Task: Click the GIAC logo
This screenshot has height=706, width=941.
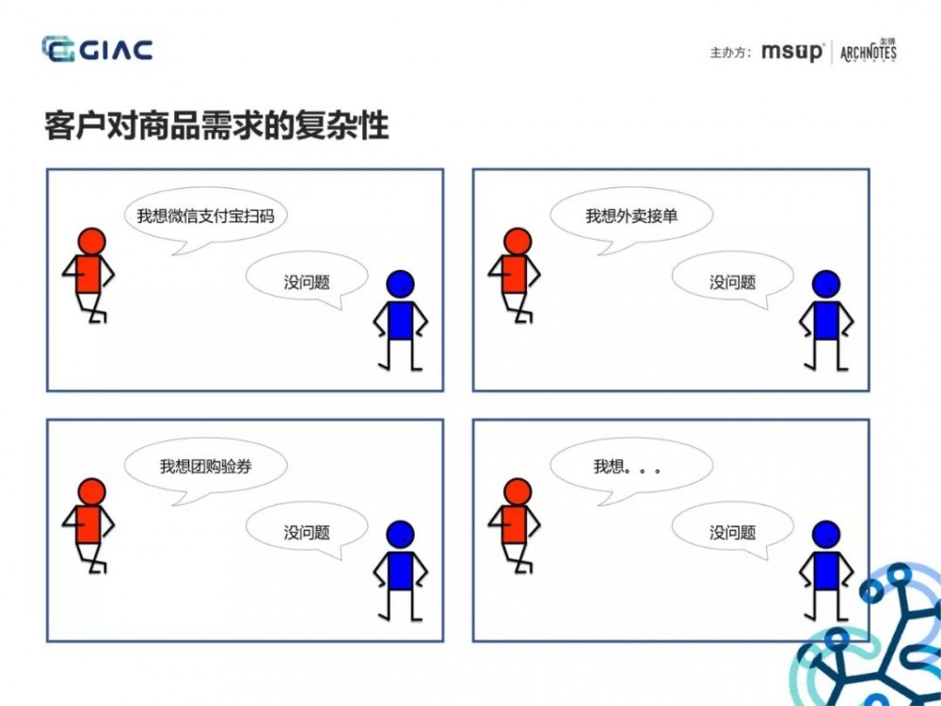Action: tap(97, 49)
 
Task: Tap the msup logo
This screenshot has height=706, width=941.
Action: tap(791, 52)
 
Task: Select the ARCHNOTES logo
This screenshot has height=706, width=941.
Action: tap(868, 51)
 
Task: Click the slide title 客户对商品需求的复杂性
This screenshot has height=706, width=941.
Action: tap(216, 126)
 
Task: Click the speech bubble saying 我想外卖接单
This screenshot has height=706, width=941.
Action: tap(631, 216)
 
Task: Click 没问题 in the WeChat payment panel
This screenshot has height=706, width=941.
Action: tap(307, 281)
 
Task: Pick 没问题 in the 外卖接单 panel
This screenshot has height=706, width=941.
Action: tap(732, 281)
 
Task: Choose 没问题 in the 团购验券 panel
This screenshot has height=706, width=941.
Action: tap(307, 532)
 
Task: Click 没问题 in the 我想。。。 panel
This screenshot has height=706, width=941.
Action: tap(732, 532)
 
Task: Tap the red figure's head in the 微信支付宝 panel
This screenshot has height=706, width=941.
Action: tap(91, 241)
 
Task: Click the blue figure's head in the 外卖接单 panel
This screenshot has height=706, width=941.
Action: tap(825, 284)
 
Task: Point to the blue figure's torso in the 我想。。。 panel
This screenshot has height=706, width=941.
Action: tap(826, 571)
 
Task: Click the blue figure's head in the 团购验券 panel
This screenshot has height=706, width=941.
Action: tap(400, 535)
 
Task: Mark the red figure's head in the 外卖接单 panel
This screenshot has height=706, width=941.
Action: tap(517, 241)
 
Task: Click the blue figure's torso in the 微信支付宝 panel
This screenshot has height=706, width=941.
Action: tap(401, 320)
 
